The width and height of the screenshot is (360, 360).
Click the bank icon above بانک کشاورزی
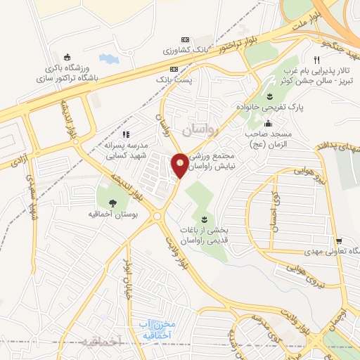(x=185, y=39)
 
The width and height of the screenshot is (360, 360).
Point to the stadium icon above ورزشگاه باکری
(x=67, y=58)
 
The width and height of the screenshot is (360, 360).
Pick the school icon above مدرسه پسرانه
(x=126, y=134)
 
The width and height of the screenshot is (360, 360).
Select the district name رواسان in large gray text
(x=200, y=130)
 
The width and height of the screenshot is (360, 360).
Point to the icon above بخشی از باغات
(x=205, y=219)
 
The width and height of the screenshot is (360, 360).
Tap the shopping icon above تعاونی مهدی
(x=337, y=239)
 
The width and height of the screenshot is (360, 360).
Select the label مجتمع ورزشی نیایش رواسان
(x=216, y=160)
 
